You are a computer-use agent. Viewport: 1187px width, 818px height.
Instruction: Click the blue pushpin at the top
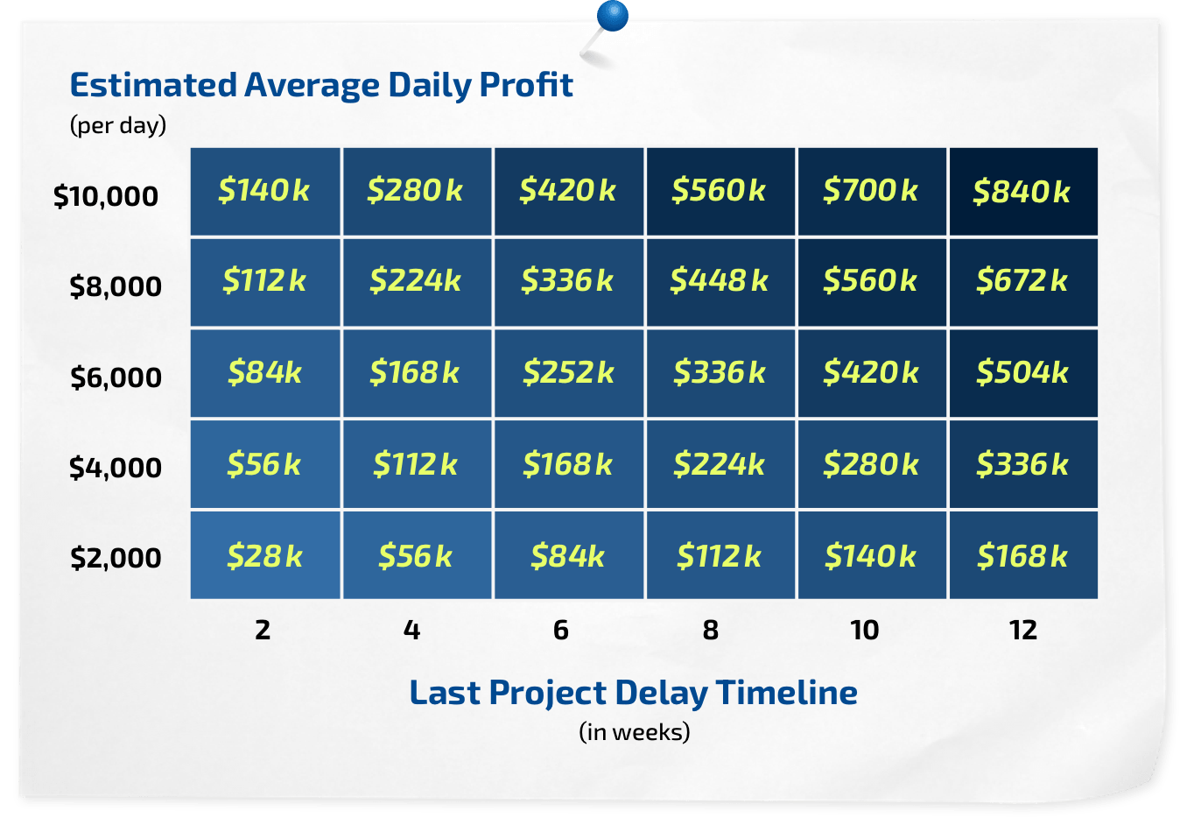coord(612,16)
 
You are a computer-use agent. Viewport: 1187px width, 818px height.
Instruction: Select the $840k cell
coord(1022,192)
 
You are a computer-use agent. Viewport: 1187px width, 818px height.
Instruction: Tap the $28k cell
coord(265,555)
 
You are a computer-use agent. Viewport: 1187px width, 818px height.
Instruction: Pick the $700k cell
coord(871,191)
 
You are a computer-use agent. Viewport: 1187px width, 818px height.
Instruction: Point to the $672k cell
coord(1022,281)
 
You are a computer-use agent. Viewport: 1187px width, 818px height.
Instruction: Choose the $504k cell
coord(1022,373)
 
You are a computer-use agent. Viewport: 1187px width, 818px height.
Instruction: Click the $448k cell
coord(720,281)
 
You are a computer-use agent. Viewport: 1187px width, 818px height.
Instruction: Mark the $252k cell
coord(568,373)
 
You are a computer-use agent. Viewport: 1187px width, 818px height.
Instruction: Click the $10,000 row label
coord(106,196)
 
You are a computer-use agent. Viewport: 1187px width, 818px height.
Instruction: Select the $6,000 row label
coord(116,377)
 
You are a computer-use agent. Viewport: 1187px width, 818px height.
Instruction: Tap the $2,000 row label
coord(116,558)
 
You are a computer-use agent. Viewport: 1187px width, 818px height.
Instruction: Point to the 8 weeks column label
coord(711,630)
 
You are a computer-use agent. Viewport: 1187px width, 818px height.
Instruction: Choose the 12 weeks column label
coord(1022,630)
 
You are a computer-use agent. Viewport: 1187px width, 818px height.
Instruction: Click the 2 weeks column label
coord(263,630)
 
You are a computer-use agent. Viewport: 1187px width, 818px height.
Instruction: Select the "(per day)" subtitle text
coord(118,125)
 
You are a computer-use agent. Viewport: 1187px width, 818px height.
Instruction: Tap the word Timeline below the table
coord(787,693)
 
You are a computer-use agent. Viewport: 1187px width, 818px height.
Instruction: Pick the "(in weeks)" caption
coord(635,731)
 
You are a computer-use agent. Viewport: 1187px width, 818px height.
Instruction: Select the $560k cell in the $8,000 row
coord(871,281)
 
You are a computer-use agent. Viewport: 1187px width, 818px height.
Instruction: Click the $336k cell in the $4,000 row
coord(1022,464)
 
